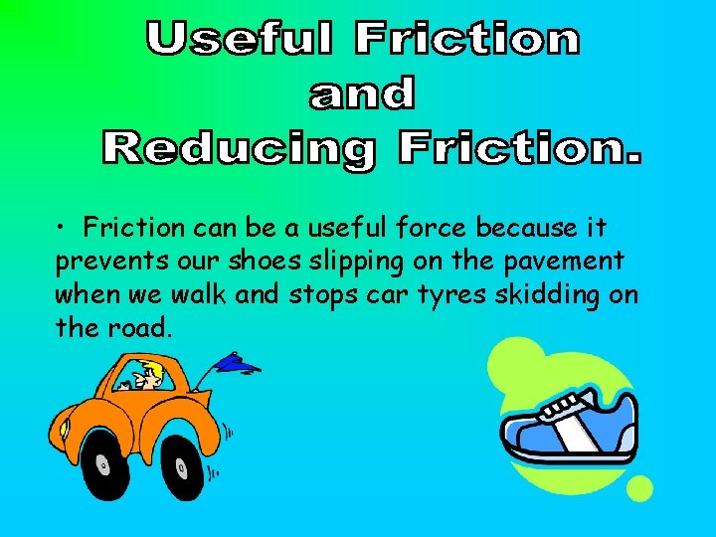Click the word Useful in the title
pos(239,39)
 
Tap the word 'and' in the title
pos(362,93)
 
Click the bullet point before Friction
pos(62,229)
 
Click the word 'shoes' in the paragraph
pos(268,262)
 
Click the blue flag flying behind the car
pos(237,364)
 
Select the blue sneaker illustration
pos(567,428)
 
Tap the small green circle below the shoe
pos(639,488)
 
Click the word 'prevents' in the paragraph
pos(102,262)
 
